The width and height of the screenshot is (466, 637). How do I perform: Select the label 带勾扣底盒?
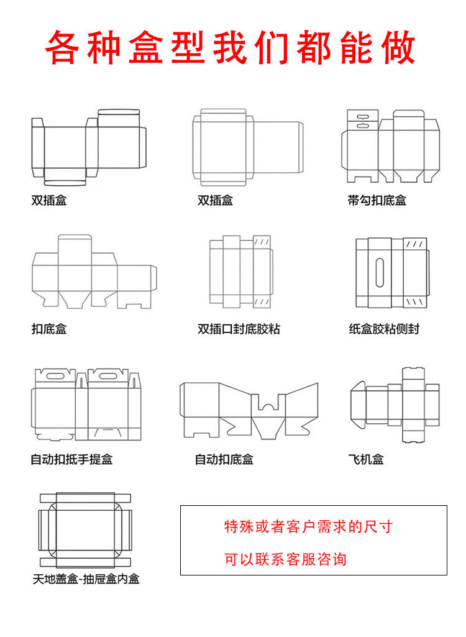(377, 201)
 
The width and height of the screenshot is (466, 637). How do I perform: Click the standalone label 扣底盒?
(49, 329)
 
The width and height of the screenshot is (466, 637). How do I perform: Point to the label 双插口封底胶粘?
(239, 329)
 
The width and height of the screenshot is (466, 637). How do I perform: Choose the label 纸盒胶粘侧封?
(384, 329)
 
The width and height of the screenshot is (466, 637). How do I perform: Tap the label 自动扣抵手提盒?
(71, 460)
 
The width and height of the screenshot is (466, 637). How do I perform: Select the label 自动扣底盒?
(224, 460)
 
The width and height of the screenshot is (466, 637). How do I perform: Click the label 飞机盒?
(366, 460)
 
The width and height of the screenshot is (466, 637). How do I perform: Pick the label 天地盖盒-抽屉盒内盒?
(86, 579)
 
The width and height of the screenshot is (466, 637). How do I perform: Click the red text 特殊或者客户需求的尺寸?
(308, 527)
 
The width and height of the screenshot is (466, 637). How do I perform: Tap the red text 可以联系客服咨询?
(285, 559)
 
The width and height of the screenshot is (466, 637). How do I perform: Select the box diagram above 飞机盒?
(395, 405)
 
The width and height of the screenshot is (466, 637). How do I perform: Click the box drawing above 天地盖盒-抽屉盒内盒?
(86, 529)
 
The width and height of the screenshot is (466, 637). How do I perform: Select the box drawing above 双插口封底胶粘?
(241, 272)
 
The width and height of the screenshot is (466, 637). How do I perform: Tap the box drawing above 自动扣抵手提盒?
(86, 405)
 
